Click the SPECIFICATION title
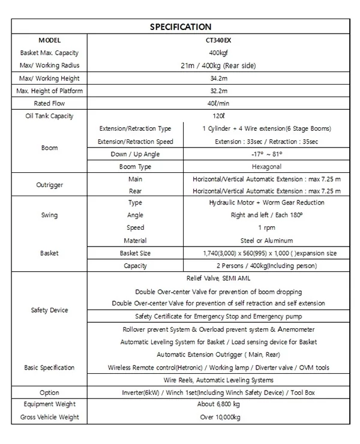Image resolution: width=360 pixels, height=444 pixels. [180, 26]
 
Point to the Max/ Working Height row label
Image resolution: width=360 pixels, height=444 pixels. [49, 79]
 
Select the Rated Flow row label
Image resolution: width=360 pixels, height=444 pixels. [49, 103]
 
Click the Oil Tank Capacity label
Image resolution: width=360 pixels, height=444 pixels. [49, 116]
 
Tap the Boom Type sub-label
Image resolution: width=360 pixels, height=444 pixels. [136, 166]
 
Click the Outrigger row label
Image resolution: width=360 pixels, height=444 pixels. [49, 185]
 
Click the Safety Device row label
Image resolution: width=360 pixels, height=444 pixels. [49, 310]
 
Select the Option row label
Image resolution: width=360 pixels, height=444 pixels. [49, 392]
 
